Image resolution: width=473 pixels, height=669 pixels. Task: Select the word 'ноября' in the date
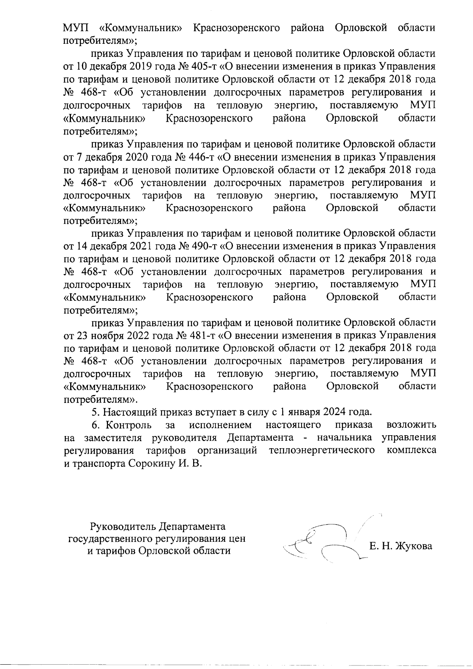pyautogui.click(x=99, y=335)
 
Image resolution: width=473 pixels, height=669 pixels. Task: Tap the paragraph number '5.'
pyautogui.click(x=95, y=412)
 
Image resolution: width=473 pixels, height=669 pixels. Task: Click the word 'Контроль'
pyautogui.click(x=129, y=425)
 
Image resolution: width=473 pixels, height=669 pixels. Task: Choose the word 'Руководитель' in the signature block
pyautogui.click(x=123, y=527)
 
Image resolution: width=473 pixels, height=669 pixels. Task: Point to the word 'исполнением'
pyautogui.click(x=220, y=425)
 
